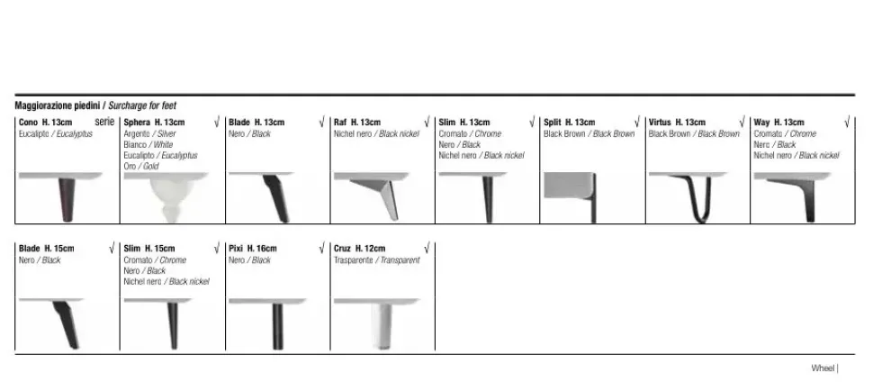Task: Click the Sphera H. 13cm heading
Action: [x=154, y=123]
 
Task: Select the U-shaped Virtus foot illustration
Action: [x=696, y=198]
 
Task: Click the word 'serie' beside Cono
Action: [x=104, y=122]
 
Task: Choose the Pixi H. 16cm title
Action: [x=253, y=249]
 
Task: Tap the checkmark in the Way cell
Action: [x=848, y=123]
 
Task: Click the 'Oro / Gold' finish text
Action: [x=141, y=166]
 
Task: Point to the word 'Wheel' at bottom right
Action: [x=823, y=368]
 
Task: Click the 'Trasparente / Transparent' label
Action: [x=377, y=260]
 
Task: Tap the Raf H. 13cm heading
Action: [x=357, y=123]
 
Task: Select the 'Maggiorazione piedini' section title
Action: [x=58, y=105]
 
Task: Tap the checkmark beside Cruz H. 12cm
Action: [x=427, y=248]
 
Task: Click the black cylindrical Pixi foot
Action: [x=277, y=326]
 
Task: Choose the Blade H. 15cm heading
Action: [x=46, y=249]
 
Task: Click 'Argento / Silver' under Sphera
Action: [x=149, y=134]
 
